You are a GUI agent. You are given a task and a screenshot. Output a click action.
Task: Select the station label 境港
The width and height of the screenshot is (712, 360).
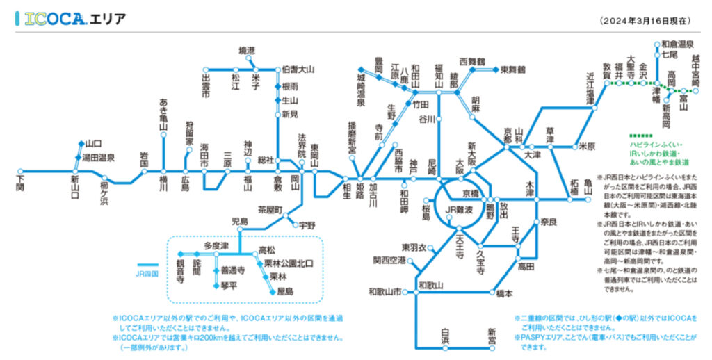point(247,51)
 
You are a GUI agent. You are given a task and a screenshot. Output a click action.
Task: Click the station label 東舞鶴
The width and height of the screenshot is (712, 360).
point(512,69)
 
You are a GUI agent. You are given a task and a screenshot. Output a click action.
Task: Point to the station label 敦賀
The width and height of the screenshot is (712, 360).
point(606,68)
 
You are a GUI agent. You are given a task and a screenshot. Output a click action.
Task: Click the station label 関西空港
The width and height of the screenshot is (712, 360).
point(389,261)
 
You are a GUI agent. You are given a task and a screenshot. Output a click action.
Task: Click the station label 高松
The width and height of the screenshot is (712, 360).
point(267,249)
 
